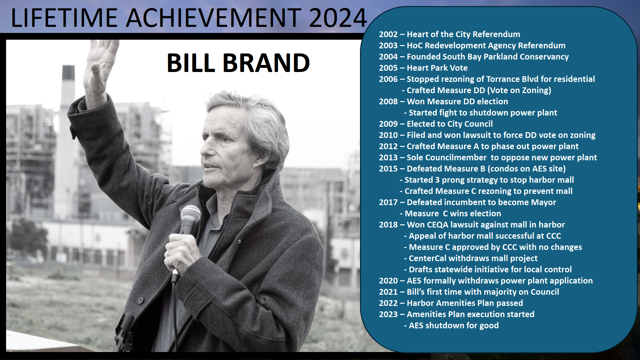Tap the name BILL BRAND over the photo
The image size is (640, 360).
[x=238, y=63]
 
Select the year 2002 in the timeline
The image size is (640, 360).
[x=388, y=35]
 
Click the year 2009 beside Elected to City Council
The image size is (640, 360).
[x=388, y=124]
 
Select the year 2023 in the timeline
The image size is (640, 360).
[x=388, y=315]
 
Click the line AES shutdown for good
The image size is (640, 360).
[x=454, y=326]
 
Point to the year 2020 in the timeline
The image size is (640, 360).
[x=388, y=281]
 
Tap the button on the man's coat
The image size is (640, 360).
[x=140, y=300]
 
